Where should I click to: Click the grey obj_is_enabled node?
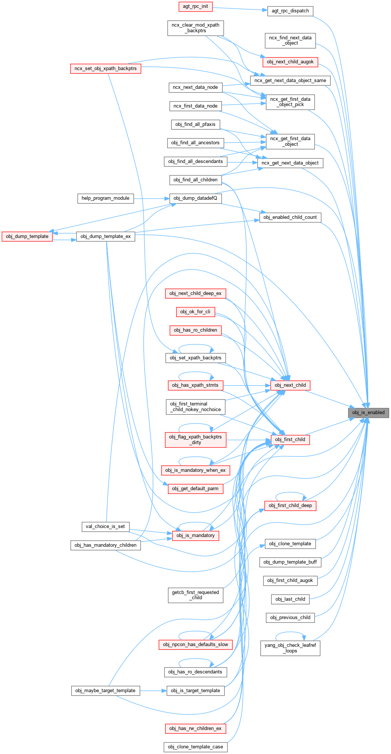[369, 413]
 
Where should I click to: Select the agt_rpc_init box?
[195, 6]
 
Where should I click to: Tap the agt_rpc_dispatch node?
[290, 11]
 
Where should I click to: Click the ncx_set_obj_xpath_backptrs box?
[105, 69]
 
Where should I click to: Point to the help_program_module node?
[105, 198]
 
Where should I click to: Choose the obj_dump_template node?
[27, 236]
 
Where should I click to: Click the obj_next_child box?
[290, 385]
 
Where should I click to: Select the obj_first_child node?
[290, 440]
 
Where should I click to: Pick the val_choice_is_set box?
[105, 527]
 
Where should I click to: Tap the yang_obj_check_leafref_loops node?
[290, 648]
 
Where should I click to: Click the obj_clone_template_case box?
[195, 747]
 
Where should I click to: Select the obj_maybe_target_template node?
[105, 691]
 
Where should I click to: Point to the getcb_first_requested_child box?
[195, 595]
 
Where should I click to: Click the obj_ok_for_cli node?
[195, 312]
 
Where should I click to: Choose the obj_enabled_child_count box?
[290, 217]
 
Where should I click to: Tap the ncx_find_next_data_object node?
[290, 40]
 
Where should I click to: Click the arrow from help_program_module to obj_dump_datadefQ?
[151, 198]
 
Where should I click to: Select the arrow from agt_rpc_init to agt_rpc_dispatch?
[240, 9]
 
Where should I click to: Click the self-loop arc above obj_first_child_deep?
[290, 493]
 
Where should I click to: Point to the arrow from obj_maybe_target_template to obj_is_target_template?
[153, 691]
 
